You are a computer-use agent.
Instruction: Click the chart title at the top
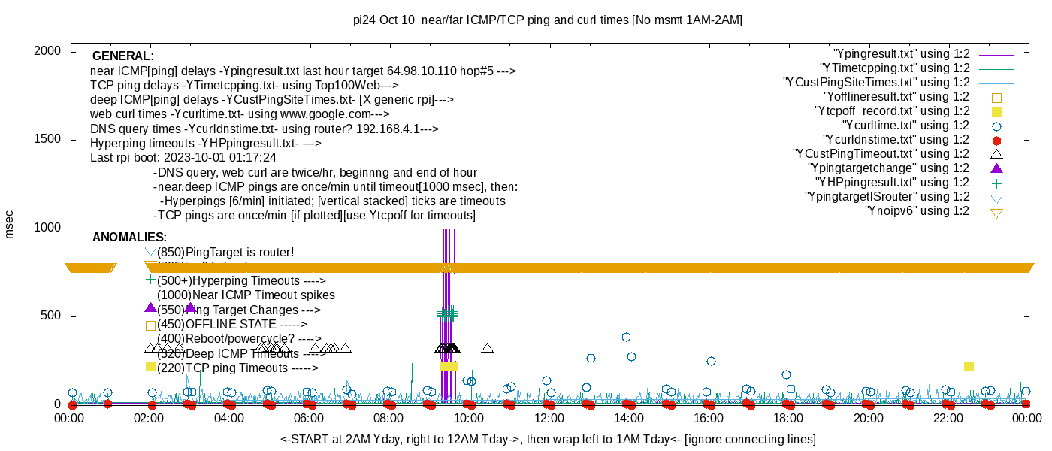point(548,20)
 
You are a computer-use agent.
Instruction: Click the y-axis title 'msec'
point(10,223)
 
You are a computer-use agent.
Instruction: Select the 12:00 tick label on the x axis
point(549,418)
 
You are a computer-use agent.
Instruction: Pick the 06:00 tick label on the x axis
point(309,418)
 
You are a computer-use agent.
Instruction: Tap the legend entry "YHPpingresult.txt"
point(893,183)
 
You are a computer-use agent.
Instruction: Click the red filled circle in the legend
point(997,140)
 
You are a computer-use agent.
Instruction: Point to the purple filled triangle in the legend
point(997,168)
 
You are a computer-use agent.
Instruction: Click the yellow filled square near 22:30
point(969,366)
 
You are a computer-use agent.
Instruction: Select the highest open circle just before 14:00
point(626,337)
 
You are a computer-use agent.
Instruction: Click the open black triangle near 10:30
point(487,348)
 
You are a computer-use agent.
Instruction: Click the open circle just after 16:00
point(711,361)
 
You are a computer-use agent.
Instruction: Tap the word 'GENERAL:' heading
point(123,56)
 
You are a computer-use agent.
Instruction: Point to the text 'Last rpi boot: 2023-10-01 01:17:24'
point(183,158)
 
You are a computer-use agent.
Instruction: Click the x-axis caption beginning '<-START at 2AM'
point(548,439)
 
